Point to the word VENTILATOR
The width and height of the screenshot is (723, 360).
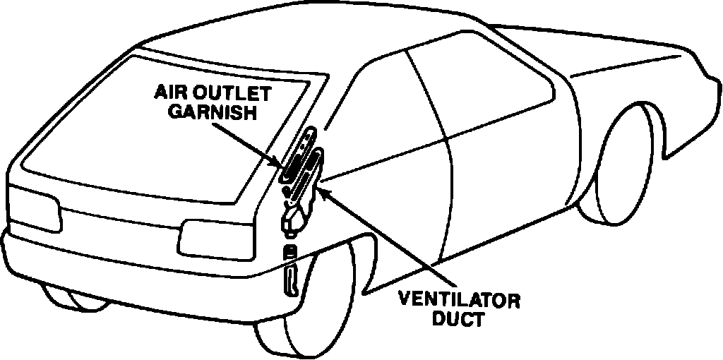(x=460, y=301)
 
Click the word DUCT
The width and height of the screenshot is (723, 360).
(x=460, y=319)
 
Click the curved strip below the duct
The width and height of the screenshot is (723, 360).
(x=289, y=278)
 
